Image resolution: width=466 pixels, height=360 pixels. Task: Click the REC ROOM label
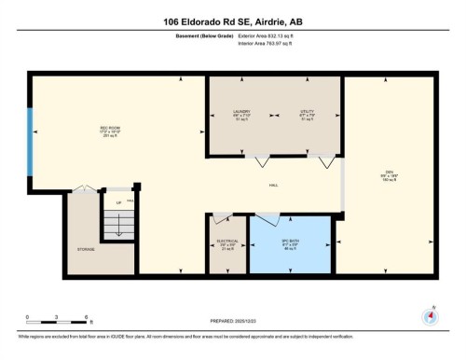pyautogui.click(x=112, y=132)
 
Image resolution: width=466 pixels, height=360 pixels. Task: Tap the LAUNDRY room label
pyautogui.click(x=241, y=115)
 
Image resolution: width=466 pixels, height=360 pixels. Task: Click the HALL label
pyautogui.click(x=274, y=186)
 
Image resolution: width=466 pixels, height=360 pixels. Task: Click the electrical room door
pyautogui.click(x=219, y=219)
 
